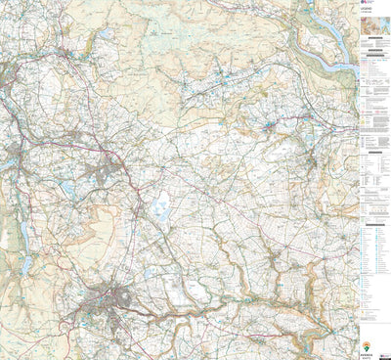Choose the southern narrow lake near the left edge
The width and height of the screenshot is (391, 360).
(23, 264)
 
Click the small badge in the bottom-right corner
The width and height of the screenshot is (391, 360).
(385, 353)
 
